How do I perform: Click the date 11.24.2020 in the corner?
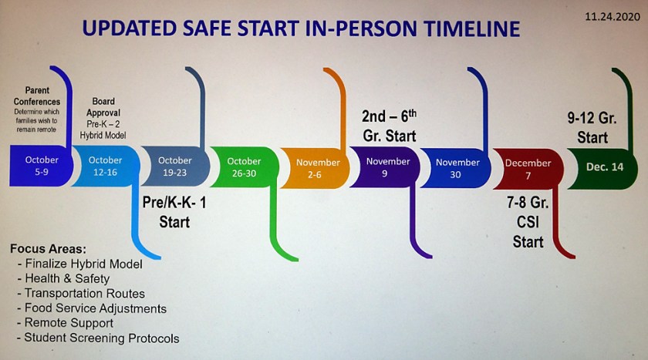tap(612, 16)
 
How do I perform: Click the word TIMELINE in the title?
tap(472, 29)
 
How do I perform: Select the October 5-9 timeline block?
tap(42, 166)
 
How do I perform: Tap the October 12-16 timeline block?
tap(106, 166)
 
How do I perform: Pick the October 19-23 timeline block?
tap(175, 167)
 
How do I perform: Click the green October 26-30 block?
tap(245, 167)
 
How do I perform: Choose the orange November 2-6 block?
tap(315, 169)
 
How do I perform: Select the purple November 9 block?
tap(385, 167)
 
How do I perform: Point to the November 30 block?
tap(456, 168)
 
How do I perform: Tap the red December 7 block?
tap(528, 170)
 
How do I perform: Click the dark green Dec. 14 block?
tap(602, 167)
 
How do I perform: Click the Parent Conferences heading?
tap(37, 96)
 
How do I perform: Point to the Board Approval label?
tap(103, 107)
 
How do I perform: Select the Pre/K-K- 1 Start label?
tap(174, 212)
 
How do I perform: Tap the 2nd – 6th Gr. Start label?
tap(390, 126)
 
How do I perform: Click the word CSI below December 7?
tap(528, 222)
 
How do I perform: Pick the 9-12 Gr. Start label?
tap(592, 128)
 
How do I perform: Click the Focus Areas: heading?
tap(49, 249)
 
